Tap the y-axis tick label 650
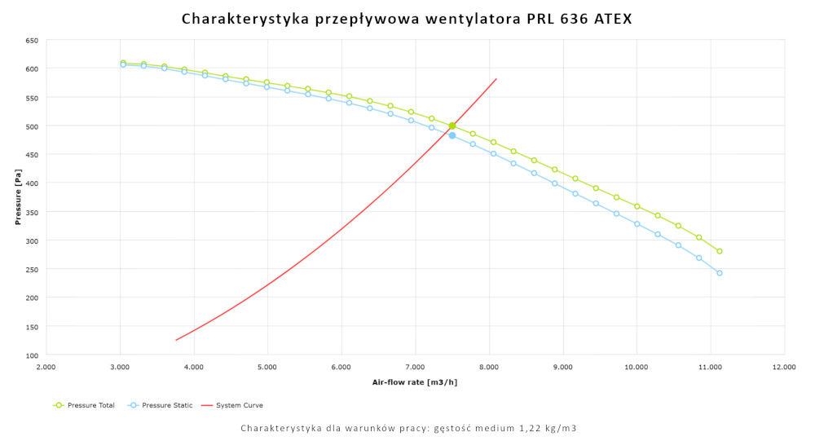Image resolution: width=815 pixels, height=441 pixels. (32, 40)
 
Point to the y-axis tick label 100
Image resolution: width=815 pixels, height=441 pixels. (32, 355)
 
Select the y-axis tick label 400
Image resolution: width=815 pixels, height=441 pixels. (32, 183)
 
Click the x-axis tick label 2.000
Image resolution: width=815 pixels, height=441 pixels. (46, 368)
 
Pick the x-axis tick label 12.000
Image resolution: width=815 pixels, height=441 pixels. (784, 368)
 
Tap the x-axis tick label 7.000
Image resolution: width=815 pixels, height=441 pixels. (415, 368)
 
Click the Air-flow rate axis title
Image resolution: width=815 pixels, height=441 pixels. (415, 382)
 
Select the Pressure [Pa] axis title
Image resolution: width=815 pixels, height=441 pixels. (17, 197)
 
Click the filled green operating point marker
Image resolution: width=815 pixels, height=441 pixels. (452, 126)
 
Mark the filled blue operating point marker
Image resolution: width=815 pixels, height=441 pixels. (452, 135)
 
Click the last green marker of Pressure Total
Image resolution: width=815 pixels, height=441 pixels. (720, 251)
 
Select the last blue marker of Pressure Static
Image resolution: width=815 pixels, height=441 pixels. (720, 273)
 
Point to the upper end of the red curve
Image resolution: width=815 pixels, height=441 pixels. (496, 79)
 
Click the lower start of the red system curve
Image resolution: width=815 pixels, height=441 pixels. (176, 340)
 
